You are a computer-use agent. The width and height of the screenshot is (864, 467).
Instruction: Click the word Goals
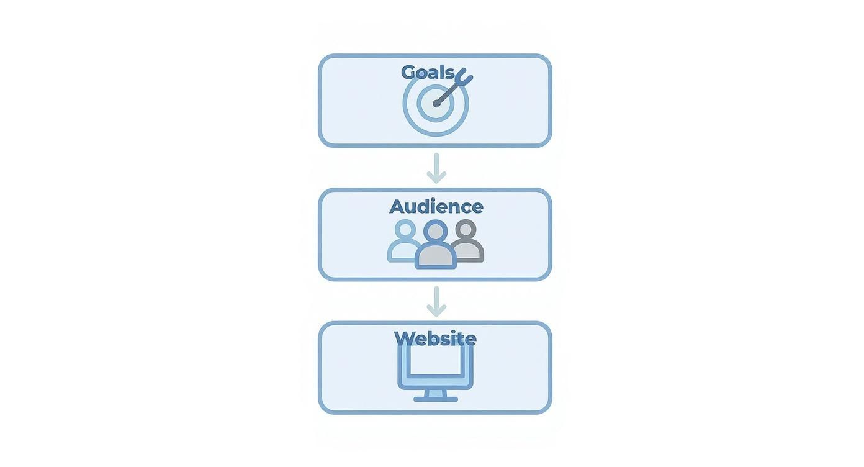(428, 72)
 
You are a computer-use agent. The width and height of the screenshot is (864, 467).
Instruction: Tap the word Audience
(436, 206)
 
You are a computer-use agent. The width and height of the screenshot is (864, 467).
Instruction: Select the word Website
(435, 338)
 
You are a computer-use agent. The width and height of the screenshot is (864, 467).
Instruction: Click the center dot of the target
(436, 104)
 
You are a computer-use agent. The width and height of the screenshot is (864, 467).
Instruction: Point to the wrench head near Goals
(464, 77)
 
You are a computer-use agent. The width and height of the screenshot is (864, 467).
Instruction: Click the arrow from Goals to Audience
(436, 168)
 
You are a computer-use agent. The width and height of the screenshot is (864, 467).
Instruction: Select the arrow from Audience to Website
(436, 302)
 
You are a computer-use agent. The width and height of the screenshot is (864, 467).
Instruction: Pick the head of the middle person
(436, 232)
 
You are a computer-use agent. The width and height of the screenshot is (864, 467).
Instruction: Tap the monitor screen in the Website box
(435, 363)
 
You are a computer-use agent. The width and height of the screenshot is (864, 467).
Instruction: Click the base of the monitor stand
(436, 399)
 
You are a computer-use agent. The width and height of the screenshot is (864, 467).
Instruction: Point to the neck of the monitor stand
(436, 392)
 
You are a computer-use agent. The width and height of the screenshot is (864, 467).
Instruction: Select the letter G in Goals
(408, 72)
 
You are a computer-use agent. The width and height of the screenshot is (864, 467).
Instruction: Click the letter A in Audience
(397, 207)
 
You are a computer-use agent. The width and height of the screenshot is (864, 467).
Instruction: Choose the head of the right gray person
(466, 230)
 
